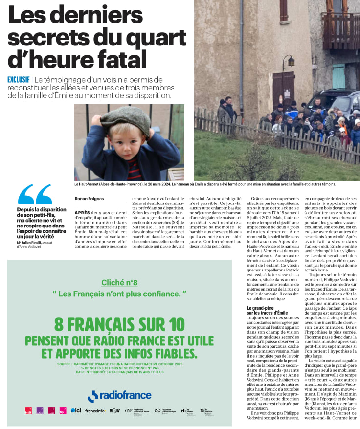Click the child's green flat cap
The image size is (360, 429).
click(125, 119)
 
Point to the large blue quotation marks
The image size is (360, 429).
click(35, 195)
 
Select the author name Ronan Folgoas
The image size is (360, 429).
click(90, 199)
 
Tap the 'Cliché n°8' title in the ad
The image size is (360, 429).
click(119, 282)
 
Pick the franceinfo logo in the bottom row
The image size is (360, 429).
click(95, 411)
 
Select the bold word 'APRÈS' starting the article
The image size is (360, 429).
click(82, 213)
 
